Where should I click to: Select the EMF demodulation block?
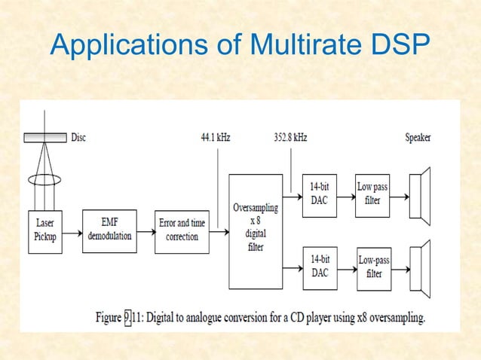(110, 230)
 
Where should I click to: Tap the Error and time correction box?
(182, 230)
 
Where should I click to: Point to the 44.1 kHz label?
(216, 138)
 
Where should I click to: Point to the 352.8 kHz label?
(290, 138)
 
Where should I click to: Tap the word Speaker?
(418, 138)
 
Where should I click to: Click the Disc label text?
(78, 138)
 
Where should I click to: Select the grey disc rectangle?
(44, 138)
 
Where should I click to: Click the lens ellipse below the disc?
(44, 181)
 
